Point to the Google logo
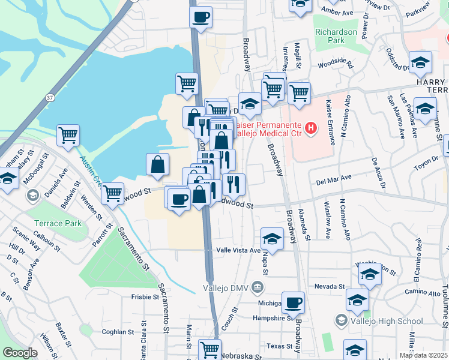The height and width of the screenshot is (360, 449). pyautogui.click(x=20, y=353)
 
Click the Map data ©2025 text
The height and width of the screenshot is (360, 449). pyautogui.click(x=424, y=355)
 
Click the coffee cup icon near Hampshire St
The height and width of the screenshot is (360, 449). pyautogui.click(x=293, y=302)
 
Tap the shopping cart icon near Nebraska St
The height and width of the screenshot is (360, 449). pyautogui.click(x=209, y=349)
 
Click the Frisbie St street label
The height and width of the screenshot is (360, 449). pyautogui.click(x=145, y=296)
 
